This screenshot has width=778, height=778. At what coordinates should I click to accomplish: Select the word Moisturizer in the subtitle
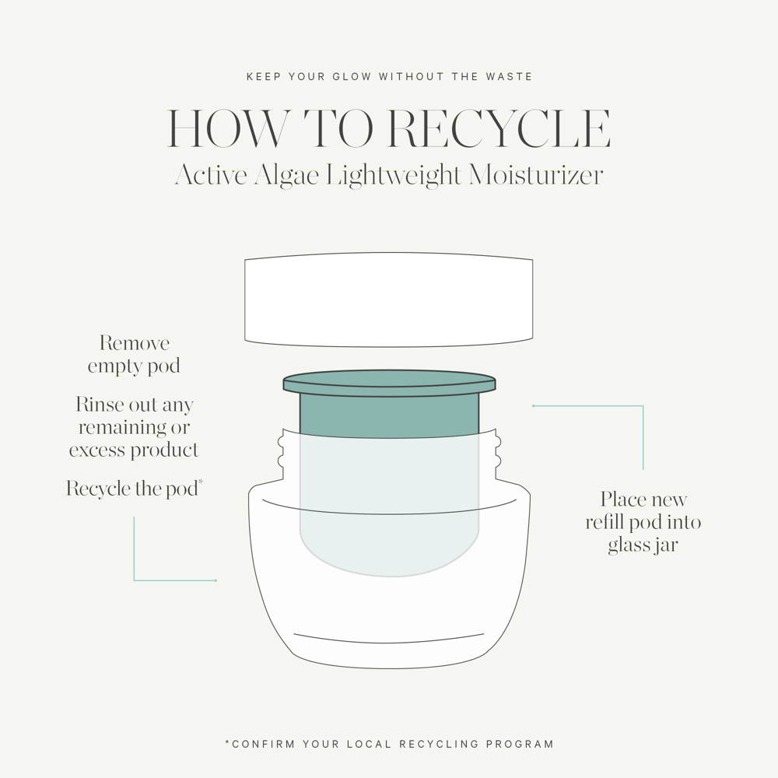click(x=535, y=174)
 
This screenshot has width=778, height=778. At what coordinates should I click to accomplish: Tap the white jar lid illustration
click(x=389, y=300)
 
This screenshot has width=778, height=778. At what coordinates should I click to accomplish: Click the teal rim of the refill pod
click(x=389, y=384)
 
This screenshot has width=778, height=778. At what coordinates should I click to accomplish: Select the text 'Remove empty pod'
click(x=134, y=355)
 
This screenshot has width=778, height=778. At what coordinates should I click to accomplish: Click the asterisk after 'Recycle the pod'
click(x=201, y=483)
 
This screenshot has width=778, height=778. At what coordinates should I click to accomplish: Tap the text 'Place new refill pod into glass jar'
click(x=643, y=522)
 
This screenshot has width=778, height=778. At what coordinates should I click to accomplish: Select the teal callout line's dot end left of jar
click(x=216, y=580)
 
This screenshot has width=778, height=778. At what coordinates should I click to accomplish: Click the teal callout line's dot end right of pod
click(x=533, y=405)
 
